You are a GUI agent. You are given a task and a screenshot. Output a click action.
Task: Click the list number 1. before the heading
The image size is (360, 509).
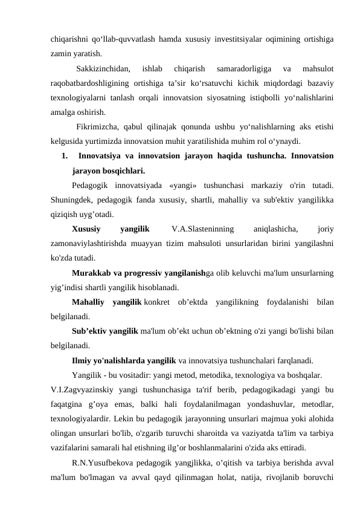[x=64, y=157]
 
